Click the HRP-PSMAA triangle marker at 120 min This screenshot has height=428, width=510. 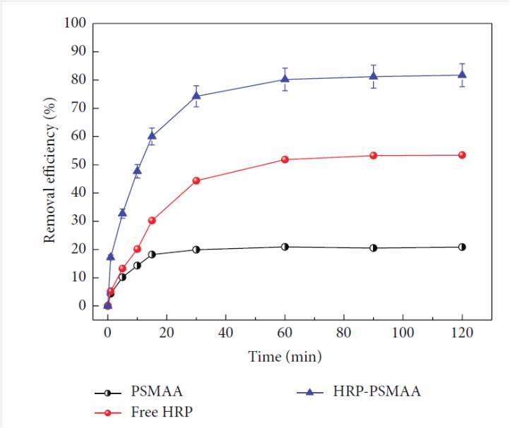coord(462,75)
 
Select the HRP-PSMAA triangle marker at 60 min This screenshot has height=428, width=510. coord(285,79)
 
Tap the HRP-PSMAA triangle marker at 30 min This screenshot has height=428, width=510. coord(196,96)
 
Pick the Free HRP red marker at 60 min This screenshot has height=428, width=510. coord(285,159)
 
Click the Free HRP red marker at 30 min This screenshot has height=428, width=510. coord(196,181)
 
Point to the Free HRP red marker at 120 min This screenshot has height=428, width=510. coord(462,155)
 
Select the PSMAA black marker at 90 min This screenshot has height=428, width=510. coord(373,247)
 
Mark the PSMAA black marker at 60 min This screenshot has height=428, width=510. coord(285,247)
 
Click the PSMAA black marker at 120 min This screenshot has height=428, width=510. coord(462,247)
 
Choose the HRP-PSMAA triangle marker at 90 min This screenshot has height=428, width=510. coord(373,76)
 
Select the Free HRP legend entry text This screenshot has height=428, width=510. coord(159,411)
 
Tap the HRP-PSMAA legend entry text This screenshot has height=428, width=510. coord(381,391)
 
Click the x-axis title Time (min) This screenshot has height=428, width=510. coord(285,357)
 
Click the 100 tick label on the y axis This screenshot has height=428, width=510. coord(76,23)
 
